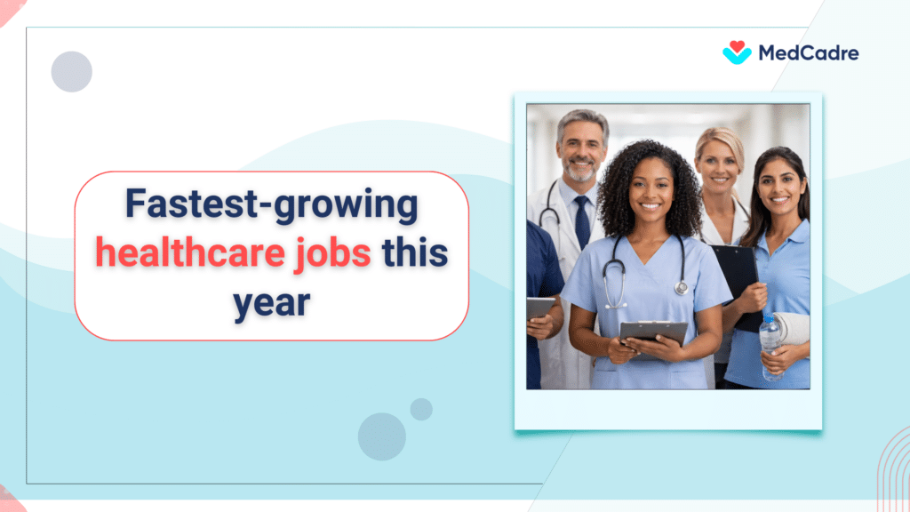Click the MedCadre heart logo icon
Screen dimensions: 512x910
(737, 52)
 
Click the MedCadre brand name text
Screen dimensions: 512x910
(808, 53)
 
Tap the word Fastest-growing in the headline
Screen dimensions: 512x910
(271, 205)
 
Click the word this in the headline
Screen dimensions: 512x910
(414, 253)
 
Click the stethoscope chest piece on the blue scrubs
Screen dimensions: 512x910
(681, 286)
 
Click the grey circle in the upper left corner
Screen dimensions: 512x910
(72, 72)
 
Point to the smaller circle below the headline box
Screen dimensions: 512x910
(421, 409)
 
